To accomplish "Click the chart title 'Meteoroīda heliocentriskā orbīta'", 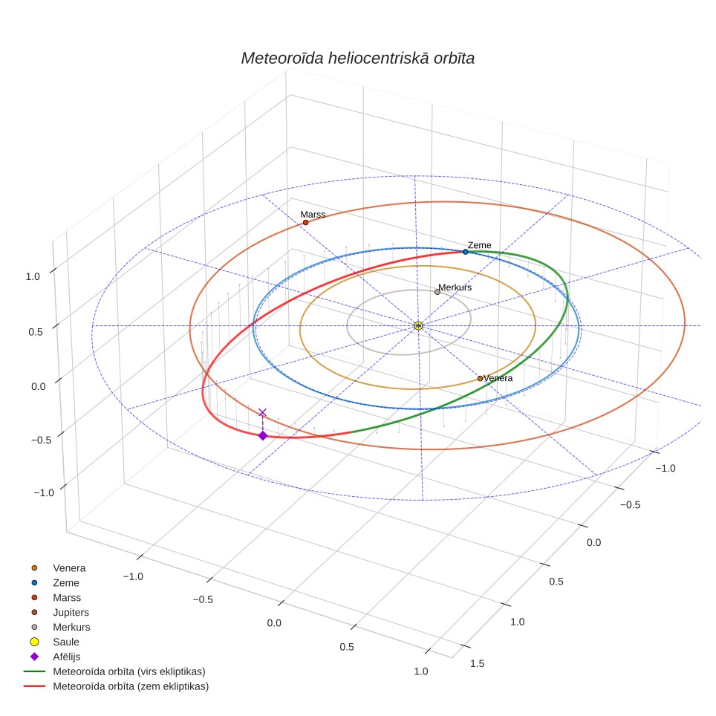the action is click(357, 58).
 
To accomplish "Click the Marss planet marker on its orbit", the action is click(305, 222).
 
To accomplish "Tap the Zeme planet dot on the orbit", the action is click(465, 252).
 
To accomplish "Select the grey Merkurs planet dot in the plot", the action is click(437, 292).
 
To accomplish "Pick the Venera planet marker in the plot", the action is click(480, 378).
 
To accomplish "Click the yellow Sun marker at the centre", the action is click(418, 325).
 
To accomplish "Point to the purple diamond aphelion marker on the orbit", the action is click(263, 436).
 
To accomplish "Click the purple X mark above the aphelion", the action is click(263, 413).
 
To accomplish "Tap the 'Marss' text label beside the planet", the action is click(313, 214).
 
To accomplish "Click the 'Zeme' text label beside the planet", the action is click(480, 245).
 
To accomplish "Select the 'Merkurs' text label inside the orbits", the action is click(455, 287).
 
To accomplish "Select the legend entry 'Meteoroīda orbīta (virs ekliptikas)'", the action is click(115, 671).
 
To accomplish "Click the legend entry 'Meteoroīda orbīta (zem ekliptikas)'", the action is click(117, 686).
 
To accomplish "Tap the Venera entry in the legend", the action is click(58, 568).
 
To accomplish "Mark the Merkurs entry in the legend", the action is click(60, 627).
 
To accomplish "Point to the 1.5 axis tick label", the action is click(477, 663).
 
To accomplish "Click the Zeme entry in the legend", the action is click(55, 582).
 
